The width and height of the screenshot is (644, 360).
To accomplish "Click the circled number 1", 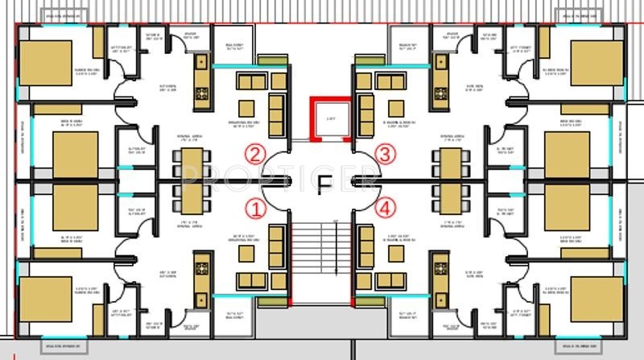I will click(255, 209).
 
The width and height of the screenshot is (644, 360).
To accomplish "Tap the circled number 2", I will click(255, 154).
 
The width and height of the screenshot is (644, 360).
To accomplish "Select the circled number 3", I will click(387, 154).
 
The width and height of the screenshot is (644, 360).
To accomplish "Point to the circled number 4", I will click(387, 209).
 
